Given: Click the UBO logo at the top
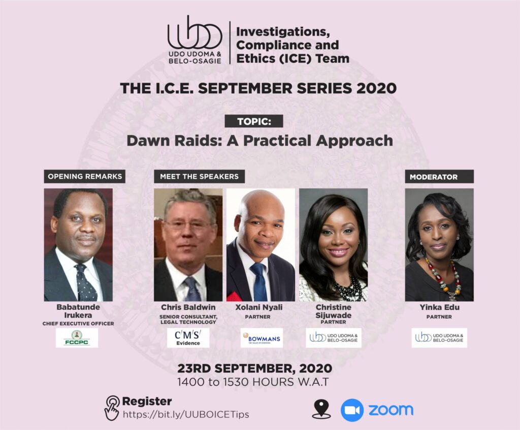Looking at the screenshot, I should tap(195, 40).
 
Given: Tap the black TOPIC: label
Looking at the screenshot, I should tap(253, 122).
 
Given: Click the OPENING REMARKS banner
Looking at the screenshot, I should tap(85, 177).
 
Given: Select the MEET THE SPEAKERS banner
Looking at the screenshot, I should tap(199, 177).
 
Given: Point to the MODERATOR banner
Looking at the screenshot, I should tap(439, 177).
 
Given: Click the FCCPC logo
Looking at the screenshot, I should tap(77, 338).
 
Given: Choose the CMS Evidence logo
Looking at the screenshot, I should tap(188, 338).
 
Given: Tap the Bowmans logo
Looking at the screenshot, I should tap(262, 338).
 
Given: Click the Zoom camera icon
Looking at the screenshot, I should tap(352, 410).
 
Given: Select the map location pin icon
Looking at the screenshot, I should tap(321, 409).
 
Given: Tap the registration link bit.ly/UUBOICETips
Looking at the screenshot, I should tap(186, 414).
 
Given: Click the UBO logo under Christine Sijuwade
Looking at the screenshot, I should tap(334, 338).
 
